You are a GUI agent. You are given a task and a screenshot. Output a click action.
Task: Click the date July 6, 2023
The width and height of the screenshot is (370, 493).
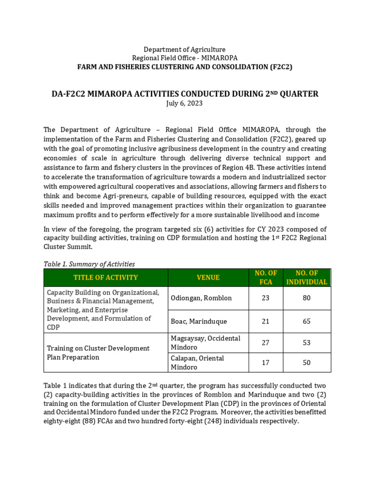185,103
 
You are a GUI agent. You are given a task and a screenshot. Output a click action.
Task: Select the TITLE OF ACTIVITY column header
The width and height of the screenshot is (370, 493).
106,277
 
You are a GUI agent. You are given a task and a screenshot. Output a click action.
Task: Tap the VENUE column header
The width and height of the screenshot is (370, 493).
208,277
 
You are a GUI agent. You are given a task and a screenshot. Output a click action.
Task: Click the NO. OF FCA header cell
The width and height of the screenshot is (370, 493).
265,277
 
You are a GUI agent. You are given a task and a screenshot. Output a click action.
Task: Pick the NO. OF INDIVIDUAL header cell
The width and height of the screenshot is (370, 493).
306,277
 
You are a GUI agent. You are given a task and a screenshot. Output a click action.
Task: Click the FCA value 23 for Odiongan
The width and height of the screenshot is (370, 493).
265,298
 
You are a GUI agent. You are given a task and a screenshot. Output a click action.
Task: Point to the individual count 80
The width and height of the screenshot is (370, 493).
306,298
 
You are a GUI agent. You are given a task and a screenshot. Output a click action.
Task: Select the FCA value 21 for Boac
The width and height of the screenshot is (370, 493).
265,321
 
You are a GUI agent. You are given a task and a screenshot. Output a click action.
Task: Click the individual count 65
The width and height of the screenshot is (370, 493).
306,321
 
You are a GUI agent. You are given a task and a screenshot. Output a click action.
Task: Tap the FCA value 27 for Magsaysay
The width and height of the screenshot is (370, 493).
265,343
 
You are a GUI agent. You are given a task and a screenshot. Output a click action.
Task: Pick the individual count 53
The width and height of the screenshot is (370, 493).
306,343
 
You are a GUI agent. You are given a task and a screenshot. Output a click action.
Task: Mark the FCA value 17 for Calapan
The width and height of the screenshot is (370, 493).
265,363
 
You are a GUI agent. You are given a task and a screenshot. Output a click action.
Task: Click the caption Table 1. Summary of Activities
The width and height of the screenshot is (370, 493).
89,264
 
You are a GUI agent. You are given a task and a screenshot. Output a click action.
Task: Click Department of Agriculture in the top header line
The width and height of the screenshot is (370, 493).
185,50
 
